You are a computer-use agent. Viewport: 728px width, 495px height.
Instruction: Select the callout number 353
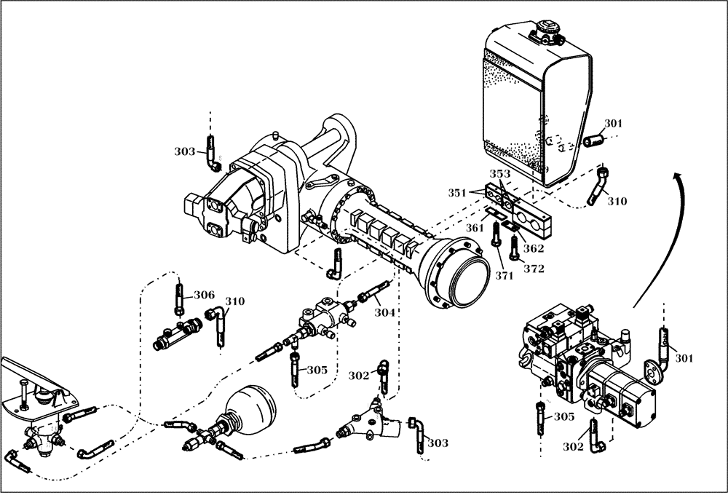coord(499,174)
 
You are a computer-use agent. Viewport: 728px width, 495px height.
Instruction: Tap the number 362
coord(534,247)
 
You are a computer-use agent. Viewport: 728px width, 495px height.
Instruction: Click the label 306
coord(204,295)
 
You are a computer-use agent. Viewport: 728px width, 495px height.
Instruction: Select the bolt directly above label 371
coord(497,236)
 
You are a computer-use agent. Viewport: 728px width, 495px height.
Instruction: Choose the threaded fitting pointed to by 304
coord(370,296)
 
